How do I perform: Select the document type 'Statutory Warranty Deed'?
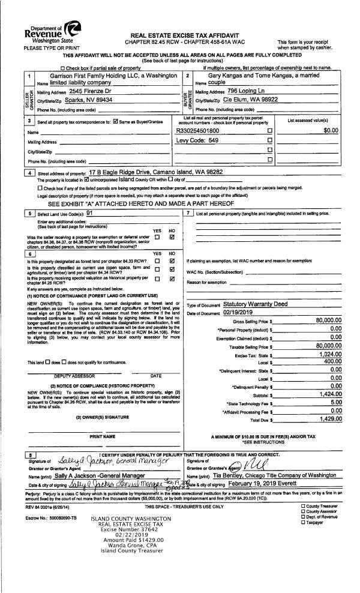pyautogui.click(x=255, y=304)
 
